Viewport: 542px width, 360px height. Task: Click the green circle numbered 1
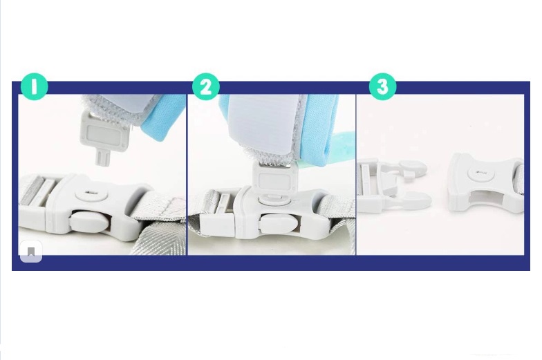(34, 86)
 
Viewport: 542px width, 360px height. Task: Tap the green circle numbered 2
(206, 86)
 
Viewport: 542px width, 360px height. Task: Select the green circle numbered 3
(383, 86)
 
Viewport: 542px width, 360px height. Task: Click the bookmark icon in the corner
(31, 252)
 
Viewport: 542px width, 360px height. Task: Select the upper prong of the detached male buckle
(411, 167)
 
